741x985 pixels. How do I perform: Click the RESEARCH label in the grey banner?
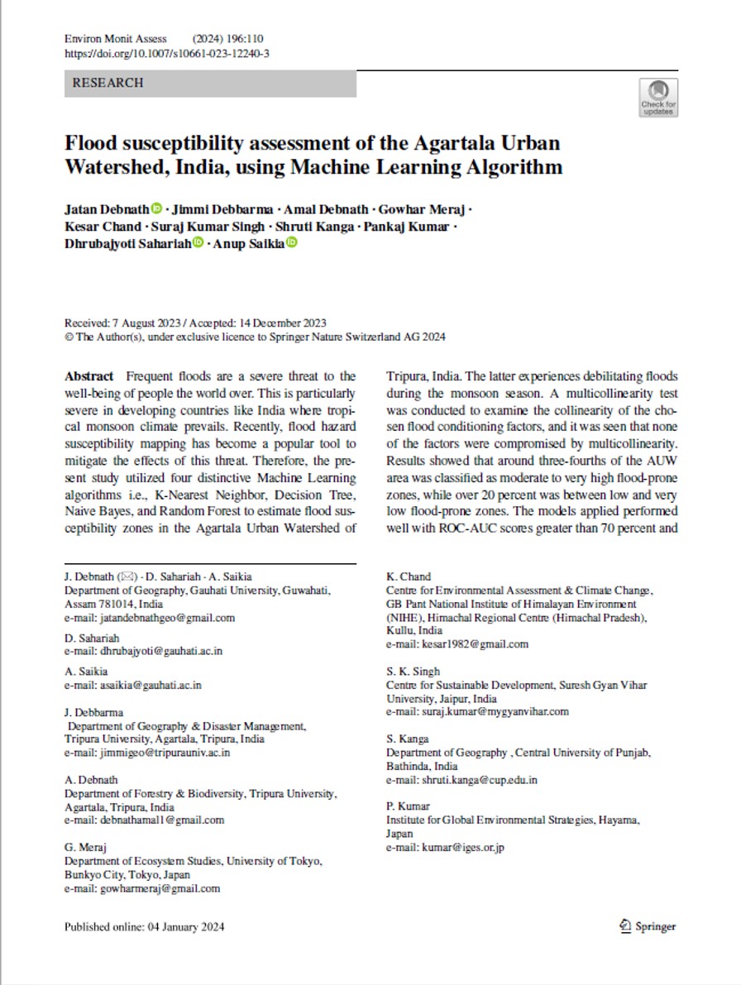click(108, 83)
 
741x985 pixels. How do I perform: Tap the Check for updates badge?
click(658, 97)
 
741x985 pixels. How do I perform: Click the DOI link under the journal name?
click(166, 53)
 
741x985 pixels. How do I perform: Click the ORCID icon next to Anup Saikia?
click(292, 242)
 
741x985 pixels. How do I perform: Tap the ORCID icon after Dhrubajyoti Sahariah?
click(198, 242)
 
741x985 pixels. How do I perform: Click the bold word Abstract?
click(89, 375)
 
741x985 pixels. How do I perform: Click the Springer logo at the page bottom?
click(648, 926)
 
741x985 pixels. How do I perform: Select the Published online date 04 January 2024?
click(183, 927)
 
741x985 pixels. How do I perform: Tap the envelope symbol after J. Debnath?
click(130, 576)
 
